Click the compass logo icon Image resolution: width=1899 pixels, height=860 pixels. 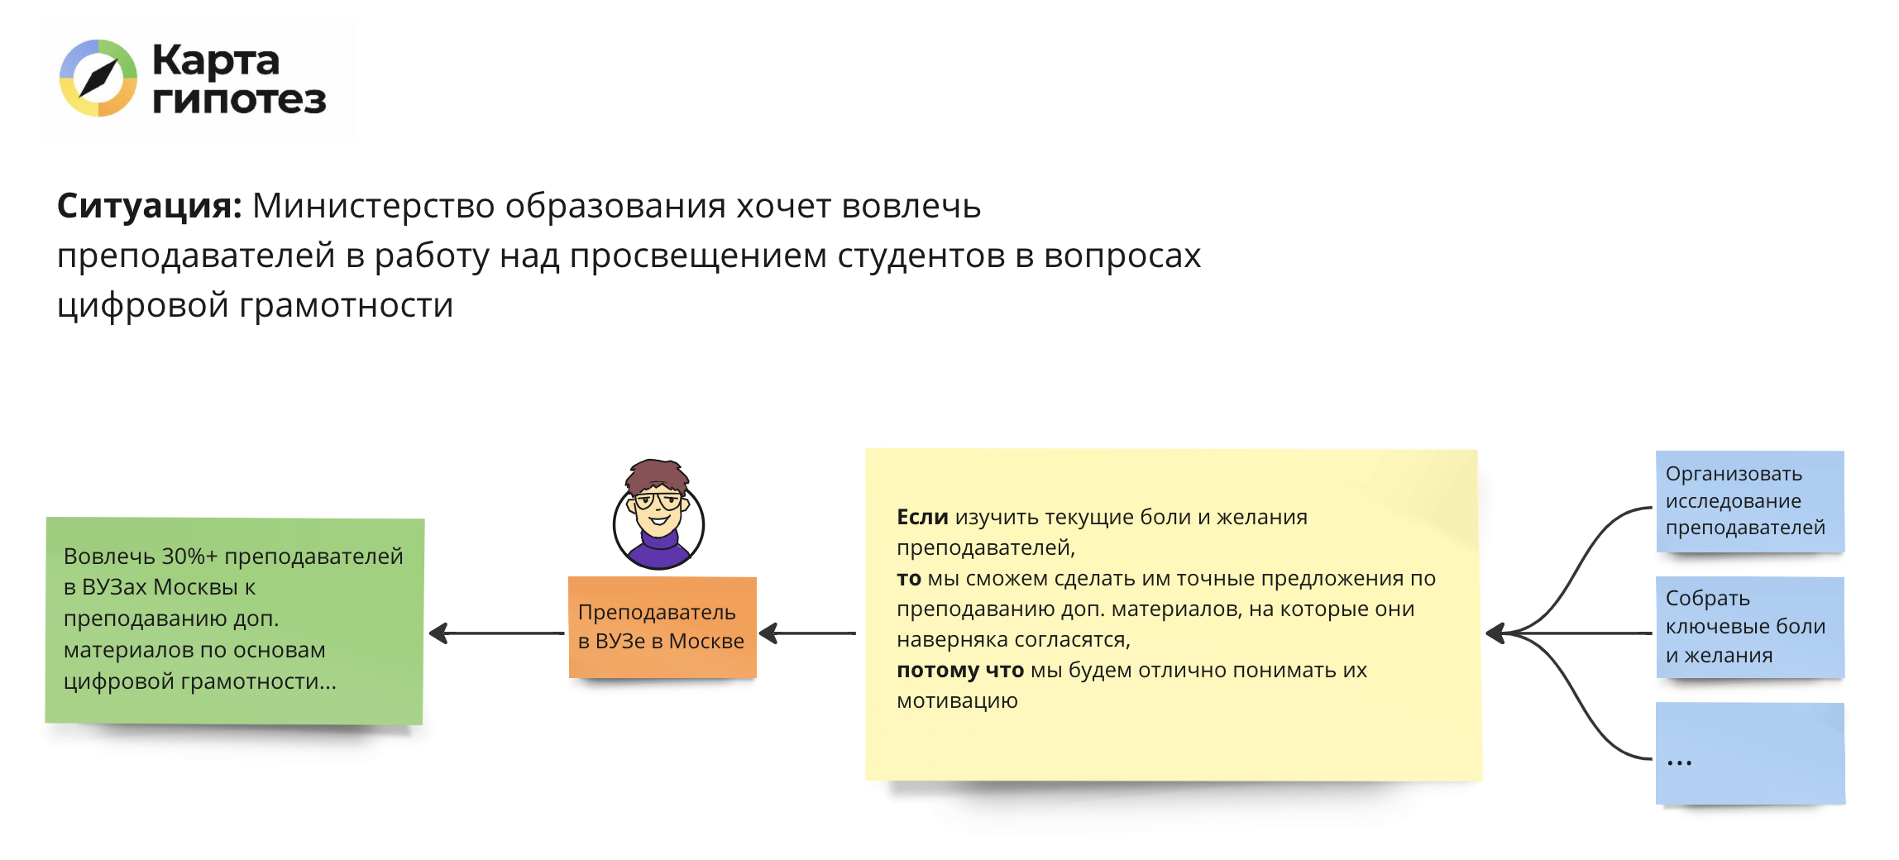pyautogui.click(x=98, y=79)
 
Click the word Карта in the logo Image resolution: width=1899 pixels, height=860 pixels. pyautogui.click(x=217, y=61)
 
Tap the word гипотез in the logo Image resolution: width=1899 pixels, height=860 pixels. pyautogui.click(x=240, y=99)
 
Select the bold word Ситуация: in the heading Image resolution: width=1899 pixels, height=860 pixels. pyautogui.click(x=149, y=205)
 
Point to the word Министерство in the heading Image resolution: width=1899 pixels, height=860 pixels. pyautogui.click(x=373, y=206)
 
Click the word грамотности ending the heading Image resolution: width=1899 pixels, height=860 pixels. pyautogui.click(x=347, y=305)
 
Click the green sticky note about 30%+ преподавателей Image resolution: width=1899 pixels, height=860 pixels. pyautogui.click(x=235, y=621)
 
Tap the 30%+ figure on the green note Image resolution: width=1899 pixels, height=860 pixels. pyautogui.click(x=189, y=556)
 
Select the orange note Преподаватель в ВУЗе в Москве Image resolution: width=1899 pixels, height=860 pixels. pyautogui.click(x=662, y=627)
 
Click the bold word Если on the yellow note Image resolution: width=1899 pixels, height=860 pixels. pyautogui.click(x=922, y=517)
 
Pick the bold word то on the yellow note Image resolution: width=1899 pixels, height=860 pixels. pyautogui.click(x=909, y=579)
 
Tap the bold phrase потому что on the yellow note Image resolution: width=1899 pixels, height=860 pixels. pyautogui.click(x=960, y=671)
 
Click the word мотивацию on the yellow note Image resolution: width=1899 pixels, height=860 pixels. pyautogui.click(x=957, y=701)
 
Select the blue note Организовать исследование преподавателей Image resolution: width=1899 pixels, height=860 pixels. pyautogui.click(x=1750, y=501)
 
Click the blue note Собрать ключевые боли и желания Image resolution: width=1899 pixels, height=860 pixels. pyautogui.click(x=1750, y=627)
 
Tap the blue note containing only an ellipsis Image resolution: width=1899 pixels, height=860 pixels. pyautogui.click(x=1750, y=753)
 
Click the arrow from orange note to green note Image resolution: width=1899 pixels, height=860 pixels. pyautogui.click(x=496, y=633)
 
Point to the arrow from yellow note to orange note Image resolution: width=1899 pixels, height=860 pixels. pyautogui.click(x=807, y=633)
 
